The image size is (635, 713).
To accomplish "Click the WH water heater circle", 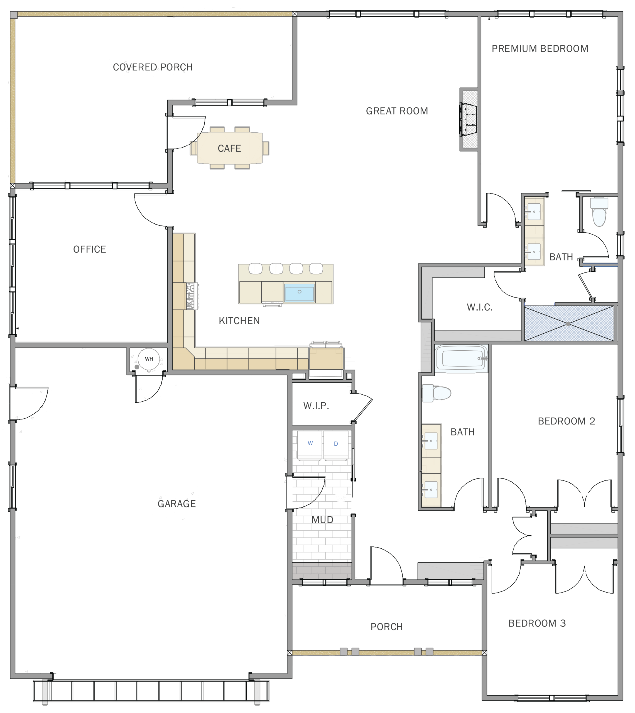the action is click(149, 359).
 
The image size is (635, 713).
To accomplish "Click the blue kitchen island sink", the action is click(299, 292).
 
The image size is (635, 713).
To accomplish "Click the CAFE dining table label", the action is click(229, 148).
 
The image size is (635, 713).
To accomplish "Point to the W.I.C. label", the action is click(480, 307).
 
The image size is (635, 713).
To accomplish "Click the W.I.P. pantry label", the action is click(316, 406).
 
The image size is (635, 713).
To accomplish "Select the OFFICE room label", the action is click(90, 249).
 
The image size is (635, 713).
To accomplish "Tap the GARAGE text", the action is click(176, 504).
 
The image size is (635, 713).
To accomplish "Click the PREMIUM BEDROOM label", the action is click(540, 48).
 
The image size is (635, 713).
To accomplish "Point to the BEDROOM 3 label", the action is click(537, 623).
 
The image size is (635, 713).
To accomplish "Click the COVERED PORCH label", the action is click(153, 67).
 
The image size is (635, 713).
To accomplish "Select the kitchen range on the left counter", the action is click(191, 296).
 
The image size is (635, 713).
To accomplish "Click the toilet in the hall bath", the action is click(437, 393).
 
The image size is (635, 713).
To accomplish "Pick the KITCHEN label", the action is click(239, 321).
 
